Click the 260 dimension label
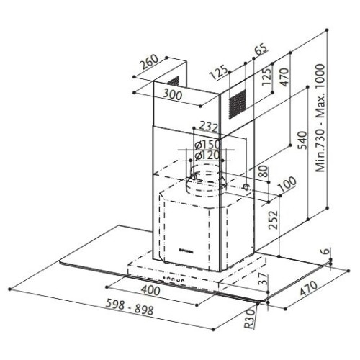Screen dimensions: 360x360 tap(149, 62)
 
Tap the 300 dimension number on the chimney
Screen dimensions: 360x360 tap(173, 94)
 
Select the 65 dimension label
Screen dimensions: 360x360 tap(261, 50)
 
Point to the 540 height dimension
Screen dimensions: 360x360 tap(302, 140)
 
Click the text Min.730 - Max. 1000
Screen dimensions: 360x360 tap(320, 118)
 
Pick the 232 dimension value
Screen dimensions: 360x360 tap(208, 126)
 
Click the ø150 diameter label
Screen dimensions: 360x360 tap(207, 145)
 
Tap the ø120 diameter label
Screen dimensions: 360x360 tap(207, 155)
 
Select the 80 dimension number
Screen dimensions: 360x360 tap(264, 171)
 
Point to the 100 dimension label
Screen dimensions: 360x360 tap(287, 184)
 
